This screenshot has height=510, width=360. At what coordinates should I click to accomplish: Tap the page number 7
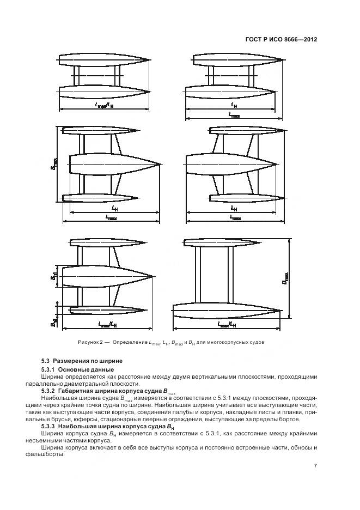tap(315, 465)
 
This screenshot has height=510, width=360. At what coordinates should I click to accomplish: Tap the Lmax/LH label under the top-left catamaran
tap(105, 105)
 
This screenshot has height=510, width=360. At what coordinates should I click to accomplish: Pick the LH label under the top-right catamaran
tap(234, 105)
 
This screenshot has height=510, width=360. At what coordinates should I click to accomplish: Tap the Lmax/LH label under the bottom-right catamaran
tap(227, 324)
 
